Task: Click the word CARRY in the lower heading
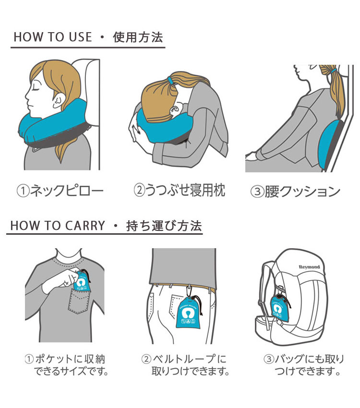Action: (x=85, y=226)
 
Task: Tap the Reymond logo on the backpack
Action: (x=309, y=267)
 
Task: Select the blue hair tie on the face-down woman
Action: (x=170, y=80)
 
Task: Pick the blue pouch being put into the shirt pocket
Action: (x=82, y=282)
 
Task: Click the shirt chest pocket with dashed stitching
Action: (x=79, y=301)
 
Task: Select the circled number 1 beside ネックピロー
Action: (x=23, y=191)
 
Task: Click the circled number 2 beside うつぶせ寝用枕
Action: (x=139, y=190)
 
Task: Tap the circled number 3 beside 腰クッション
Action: (x=257, y=192)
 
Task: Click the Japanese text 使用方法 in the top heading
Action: (x=138, y=37)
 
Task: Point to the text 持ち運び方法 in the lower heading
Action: (x=164, y=226)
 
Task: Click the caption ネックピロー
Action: (x=67, y=191)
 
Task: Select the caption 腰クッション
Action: (x=302, y=192)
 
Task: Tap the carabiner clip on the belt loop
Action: (x=189, y=291)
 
